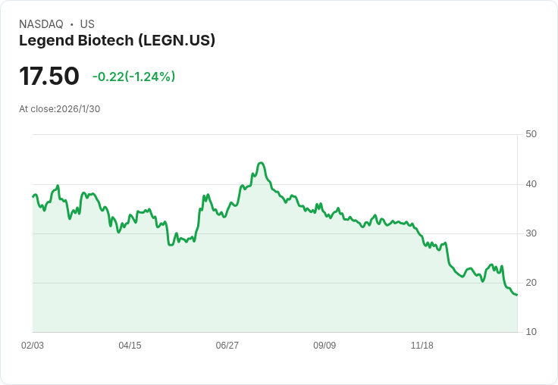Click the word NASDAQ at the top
point(41,24)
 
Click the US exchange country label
point(87,24)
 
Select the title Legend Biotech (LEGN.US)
point(117,41)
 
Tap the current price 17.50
point(49,76)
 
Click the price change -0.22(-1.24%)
point(133,77)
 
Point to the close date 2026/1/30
point(78,109)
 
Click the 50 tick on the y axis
point(531,134)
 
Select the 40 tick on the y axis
point(531,183)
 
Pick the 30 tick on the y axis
point(531,233)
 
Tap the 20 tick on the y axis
point(531,283)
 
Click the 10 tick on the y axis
point(531,332)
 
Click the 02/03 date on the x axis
point(33,346)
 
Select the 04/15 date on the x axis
point(130,346)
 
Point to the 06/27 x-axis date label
point(227,346)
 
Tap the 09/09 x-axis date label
point(324,346)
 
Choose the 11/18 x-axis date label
point(422,346)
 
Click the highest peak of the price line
point(261,163)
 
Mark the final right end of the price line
point(517,295)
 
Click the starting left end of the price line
point(33,196)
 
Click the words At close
point(36,109)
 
